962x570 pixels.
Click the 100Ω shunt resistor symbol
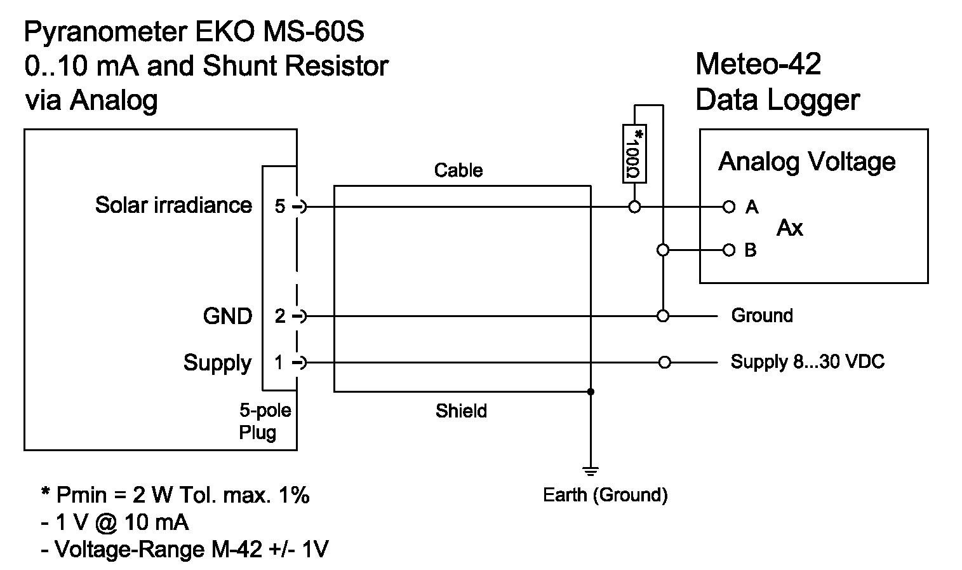click(x=634, y=153)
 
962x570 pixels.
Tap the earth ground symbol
click(x=591, y=471)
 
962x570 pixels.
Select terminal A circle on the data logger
click(x=728, y=207)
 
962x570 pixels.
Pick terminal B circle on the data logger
click(x=728, y=250)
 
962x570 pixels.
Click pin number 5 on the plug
click(x=280, y=207)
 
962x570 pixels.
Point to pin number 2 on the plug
click(x=280, y=316)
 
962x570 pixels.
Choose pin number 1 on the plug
click(x=279, y=363)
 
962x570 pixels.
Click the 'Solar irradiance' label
click(x=173, y=205)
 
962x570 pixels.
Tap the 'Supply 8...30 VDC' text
click(x=807, y=362)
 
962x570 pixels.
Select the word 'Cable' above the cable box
click(x=458, y=170)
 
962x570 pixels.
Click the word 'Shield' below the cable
click(x=461, y=411)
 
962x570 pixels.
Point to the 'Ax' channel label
click(x=790, y=228)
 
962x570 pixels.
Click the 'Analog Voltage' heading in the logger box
click(x=806, y=162)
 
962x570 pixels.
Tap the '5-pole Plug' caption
click(x=264, y=421)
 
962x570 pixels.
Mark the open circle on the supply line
click(x=664, y=363)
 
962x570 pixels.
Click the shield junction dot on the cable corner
click(x=591, y=391)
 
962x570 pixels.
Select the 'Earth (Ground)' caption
click(x=605, y=495)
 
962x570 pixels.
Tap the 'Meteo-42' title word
click(x=758, y=64)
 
